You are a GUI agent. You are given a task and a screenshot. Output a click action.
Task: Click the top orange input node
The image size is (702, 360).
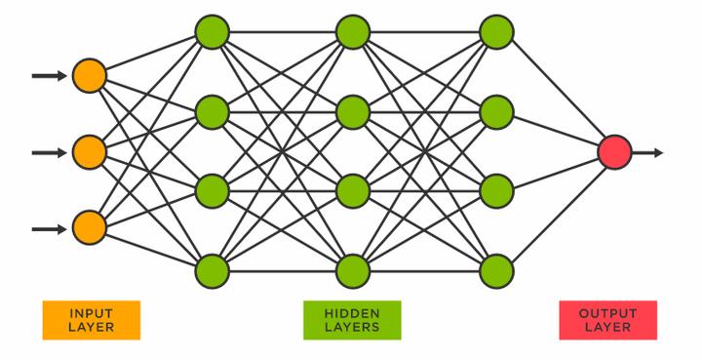point(89,75)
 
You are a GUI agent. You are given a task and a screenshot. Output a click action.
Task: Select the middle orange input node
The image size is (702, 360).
point(89,152)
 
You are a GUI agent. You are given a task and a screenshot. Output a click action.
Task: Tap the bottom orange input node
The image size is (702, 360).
point(89,229)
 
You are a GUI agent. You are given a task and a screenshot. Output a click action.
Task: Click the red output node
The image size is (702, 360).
point(614,152)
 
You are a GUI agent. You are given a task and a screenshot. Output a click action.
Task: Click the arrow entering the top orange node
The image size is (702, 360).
point(49,75)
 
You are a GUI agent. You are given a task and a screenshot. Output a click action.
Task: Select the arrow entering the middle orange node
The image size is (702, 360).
point(49,152)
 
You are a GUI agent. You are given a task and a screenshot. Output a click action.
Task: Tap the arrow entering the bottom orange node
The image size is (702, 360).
point(49,229)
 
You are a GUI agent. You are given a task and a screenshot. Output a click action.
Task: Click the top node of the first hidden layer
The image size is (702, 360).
point(212,32)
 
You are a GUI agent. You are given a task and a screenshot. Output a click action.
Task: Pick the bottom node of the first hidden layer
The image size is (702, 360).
point(212,269)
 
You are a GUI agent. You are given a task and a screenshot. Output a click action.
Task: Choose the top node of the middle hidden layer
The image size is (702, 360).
point(353,32)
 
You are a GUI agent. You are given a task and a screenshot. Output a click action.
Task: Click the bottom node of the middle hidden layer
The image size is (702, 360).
point(353,269)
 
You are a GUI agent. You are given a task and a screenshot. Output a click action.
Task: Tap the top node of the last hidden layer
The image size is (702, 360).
point(496,32)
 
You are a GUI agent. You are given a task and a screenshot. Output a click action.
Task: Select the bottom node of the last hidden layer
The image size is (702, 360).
point(496,269)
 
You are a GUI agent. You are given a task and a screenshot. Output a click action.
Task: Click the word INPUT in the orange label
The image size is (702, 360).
point(92,313)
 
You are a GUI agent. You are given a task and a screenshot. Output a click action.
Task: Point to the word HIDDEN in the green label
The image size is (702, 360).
point(352,313)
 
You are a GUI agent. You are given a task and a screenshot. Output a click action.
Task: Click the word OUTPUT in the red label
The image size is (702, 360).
point(607,313)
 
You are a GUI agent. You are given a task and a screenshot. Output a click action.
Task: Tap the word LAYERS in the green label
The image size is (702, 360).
point(352,327)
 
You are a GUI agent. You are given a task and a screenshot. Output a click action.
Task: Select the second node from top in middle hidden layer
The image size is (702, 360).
point(353,112)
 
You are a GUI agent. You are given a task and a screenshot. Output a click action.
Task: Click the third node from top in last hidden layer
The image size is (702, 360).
point(496,190)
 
